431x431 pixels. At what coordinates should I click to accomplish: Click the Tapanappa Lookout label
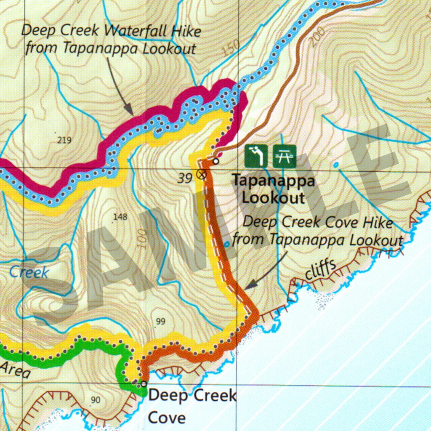(274, 189)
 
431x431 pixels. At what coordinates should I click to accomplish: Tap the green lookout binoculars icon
(256, 156)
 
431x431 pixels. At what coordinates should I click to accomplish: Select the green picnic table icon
(285, 156)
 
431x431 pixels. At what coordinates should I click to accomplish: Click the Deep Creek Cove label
(192, 407)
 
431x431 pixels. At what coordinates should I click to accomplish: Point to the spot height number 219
(64, 140)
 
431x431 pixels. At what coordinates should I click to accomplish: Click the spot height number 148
(120, 217)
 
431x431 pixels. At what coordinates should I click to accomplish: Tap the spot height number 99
(160, 322)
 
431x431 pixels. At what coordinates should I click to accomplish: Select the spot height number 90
(96, 400)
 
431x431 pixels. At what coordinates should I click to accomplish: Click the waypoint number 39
(185, 178)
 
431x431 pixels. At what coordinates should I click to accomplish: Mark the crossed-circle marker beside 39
(202, 174)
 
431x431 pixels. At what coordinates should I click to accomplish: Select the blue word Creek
(29, 272)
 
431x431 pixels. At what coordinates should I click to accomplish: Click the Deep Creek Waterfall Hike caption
(111, 40)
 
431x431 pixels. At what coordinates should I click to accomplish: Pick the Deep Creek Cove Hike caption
(318, 231)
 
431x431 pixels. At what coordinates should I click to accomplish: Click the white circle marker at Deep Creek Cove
(144, 384)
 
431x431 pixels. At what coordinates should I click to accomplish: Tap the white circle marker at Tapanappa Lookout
(216, 161)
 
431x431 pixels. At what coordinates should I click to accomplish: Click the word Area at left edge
(15, 369)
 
